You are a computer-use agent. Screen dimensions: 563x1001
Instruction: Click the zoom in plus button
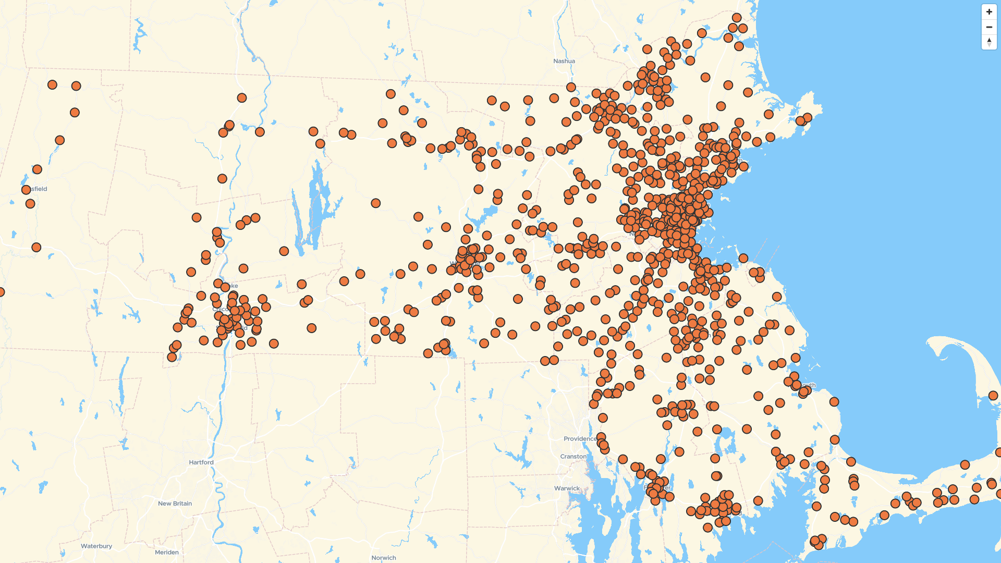tap(989, 12)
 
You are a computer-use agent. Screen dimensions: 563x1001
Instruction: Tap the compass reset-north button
tap(989, 42)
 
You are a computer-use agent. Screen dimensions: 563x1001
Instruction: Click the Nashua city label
tap(564, 61)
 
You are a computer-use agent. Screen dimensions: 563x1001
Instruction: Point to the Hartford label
tap(201, 462)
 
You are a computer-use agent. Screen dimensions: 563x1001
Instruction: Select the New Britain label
tap(175, 504)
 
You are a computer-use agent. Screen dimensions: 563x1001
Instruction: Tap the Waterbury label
tap(96, 546)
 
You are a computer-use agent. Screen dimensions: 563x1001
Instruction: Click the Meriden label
tap(166, 553)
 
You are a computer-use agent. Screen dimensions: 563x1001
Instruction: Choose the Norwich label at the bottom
tap(383, 558)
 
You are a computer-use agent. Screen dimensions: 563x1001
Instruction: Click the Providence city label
tap(580, 439)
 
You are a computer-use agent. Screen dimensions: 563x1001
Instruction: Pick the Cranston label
tap(573, 457)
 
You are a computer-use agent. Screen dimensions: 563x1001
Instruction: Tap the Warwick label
tap(566, 488)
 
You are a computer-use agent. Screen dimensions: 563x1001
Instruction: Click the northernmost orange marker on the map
tap(737, 18)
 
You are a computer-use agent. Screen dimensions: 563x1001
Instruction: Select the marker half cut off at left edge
tap(1, 292)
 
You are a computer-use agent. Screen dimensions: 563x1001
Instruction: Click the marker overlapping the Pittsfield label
tap(26, 190)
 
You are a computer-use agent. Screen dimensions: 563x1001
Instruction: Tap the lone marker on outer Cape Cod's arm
tap(993, 396)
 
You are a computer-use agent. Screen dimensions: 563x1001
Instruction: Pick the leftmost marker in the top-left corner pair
tap(52, 84)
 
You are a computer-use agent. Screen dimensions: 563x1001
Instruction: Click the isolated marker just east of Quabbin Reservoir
tap(375, 203)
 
